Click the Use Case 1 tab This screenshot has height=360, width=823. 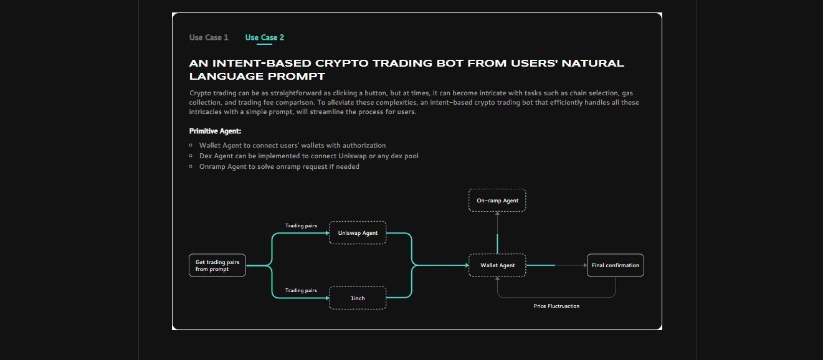coord(209,37)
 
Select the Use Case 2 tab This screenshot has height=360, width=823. coord(265,37)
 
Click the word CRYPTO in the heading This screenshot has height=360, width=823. coord(341,63)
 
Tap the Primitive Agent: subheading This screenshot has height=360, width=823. coord(215,131)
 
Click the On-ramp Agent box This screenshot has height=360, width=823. coord(497,200)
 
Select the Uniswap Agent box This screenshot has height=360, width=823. coord(358,232)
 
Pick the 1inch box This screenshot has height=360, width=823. coord(358,298)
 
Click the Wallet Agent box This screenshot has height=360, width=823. coord(497,265)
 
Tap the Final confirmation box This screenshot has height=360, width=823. coord(616,265)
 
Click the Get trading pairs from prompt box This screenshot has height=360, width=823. coord(217,265)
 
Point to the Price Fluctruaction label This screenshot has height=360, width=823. coord(556,306)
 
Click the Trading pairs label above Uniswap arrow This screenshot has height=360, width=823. coord(301,225)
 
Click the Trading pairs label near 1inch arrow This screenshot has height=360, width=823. coord(301,290)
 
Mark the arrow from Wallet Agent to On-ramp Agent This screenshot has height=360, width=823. coord(497,232)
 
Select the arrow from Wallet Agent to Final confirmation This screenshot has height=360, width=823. coord(556,265)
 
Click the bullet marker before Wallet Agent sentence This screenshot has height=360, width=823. coord(191,145)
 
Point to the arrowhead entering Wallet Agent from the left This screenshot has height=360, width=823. coord(467,265)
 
